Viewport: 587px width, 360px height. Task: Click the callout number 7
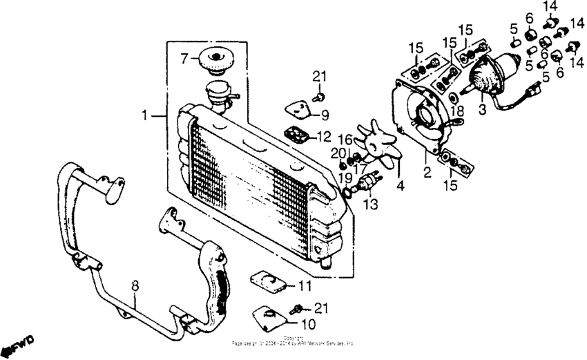click(x=183, y=60)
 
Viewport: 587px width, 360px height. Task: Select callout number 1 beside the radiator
click(x=145, y=117)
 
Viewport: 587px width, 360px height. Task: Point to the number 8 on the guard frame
click(x=135, y=284)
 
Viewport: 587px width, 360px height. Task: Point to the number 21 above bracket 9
click(x=318, y=75)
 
